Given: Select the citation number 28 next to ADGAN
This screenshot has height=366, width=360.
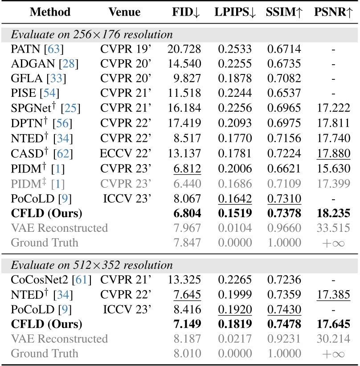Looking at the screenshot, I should click(68, 64).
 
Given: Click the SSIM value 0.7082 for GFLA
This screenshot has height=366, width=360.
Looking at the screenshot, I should click(284, 79).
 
